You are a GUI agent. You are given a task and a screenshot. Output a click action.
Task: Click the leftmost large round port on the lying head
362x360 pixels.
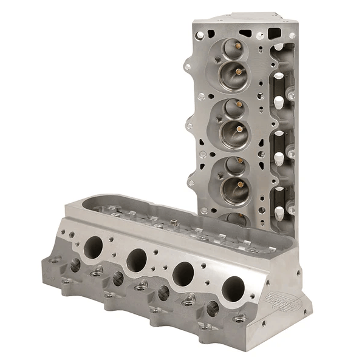tap(94, 246)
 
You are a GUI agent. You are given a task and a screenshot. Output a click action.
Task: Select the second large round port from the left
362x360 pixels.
tap(137, 260)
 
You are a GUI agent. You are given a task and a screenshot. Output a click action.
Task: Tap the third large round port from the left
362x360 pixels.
tap(183, 274)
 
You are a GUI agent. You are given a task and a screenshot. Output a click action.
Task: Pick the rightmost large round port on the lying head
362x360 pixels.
tap(233, 290)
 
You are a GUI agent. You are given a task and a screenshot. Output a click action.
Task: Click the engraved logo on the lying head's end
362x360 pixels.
tap(285, 302)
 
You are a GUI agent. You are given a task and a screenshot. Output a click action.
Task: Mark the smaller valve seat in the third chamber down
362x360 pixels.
tap(232, 166)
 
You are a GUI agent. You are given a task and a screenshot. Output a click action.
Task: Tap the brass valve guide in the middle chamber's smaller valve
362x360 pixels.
tap(239, 104)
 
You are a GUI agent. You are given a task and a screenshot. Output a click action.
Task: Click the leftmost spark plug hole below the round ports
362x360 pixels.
tap(75, 265)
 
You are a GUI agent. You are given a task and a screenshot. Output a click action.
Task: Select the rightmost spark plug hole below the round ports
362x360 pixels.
tap(212, 308)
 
